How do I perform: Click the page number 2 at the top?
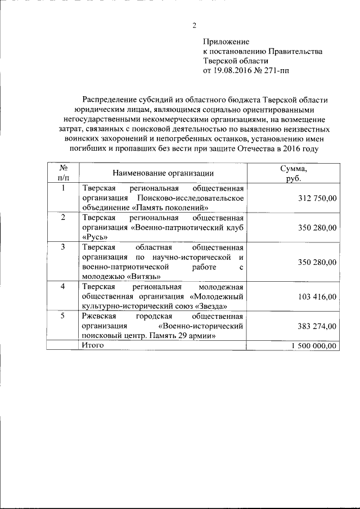point(194,25)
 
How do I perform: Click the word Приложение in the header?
point(226,42)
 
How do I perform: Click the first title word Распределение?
point(110,100)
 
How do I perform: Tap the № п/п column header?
point(64,173)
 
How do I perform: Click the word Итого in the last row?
point(92,345)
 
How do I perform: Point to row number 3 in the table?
point(63,247)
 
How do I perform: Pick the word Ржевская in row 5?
point(100,316)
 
